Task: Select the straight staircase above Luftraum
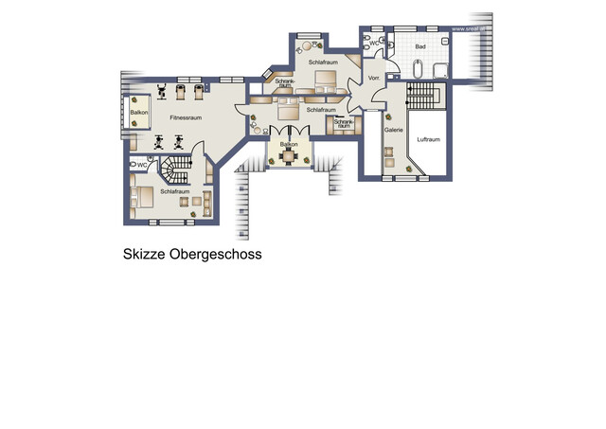click(422, 96)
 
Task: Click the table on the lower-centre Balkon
click(288, 155)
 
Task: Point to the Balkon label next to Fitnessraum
click(139, 113)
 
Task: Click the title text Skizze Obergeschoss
click(191, 255)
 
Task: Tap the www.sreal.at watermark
click(471, 28)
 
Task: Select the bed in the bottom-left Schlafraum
click(145, 197)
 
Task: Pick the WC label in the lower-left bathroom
click(141, 165)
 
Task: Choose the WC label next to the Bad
click(374, 43)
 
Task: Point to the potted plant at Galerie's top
click(390, 107)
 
